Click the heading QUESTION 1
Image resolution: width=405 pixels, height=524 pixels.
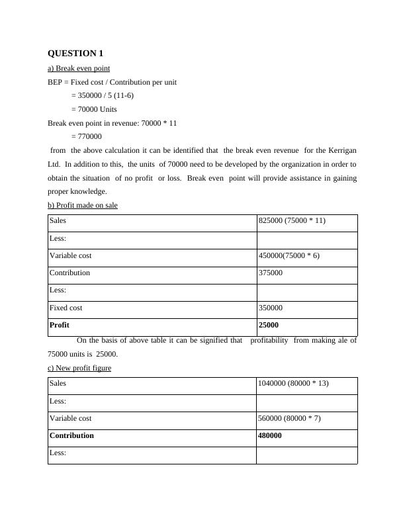pos(76,53)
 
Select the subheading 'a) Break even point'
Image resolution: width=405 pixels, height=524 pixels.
pos(79,68)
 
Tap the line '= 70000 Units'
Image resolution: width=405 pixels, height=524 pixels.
pos(94,109)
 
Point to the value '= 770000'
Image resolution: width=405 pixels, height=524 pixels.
pos(86,136)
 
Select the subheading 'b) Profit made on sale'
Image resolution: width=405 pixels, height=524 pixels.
pos(83,205)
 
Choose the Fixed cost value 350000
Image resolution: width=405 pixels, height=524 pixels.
pos(270,308)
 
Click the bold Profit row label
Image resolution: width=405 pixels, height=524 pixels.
pos(60,325)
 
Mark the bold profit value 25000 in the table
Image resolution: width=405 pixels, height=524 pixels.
pos(268,325)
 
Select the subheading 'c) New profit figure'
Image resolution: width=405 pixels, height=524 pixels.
pos(79,368)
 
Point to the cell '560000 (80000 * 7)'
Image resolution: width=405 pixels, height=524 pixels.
pos(290,418)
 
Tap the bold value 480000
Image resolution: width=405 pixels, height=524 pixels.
pos(270,435)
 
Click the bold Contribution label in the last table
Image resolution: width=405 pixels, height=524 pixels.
pos(71,435)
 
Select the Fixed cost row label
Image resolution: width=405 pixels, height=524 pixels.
pos(66,308)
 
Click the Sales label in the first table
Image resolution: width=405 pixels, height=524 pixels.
pos(58,221)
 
